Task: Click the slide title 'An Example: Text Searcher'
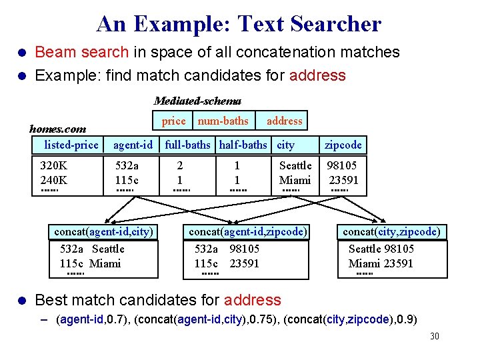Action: pyautogui.click(x=239, y=24)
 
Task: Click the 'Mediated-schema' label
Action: pyautogui.click(x=197, y=101)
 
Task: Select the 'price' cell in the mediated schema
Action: pyautogui.click(x=174, y=121)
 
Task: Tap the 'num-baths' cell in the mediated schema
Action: pyautogui.click(x=223, y=121)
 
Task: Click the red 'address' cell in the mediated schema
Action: pyautogui.click(x=284, y=121)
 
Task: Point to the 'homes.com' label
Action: pyautogui.click(x=57, y=129)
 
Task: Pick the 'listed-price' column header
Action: pyautogui.click(x=71, y=145)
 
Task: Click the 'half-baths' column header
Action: pyautogui.click(x=243, y=145)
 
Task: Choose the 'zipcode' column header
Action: pyautogui.click(x=343, y=145)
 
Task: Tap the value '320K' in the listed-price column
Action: pyautogui.click(x=54, y=165)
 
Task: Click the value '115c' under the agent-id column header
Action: pyautogui.click(x=127, y=180)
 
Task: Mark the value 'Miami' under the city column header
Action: pyautogui.click(x=295, y=180)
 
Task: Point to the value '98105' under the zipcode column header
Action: pyautogui.click(x=342, y=165)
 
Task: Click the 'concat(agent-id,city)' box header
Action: pyautogui.click(x=103, y=232)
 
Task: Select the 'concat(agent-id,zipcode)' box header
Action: pyautogui.click(x=248, y=232)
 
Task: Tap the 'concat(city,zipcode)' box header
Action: pyautogui.click(x=391, y=232)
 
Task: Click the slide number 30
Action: pyautogui.click(x=434, y=336)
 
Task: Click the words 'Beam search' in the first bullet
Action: pyautogui.click(x=81, y=52)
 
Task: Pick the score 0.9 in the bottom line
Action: pyautogui.click(x=405, y=319)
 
